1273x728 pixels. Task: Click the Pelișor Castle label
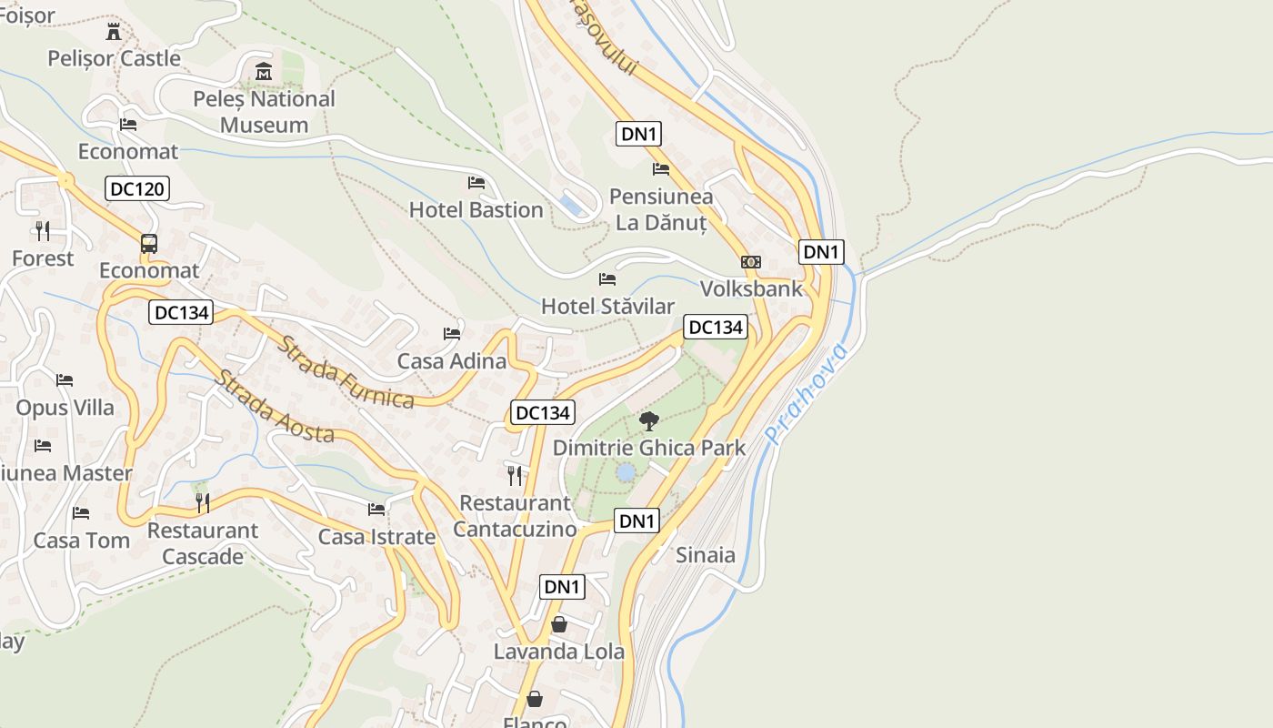(x=115, y=58)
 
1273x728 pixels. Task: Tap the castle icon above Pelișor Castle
(x=114, y=33)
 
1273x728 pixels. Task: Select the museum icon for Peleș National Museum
(x=264, y=71)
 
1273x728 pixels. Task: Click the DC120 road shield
(x=137, y=189)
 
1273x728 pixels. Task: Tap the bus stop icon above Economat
(x=149, y=244)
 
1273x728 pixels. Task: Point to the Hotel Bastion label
(x=476, y=210)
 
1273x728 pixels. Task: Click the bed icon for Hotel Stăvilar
(x=607, y=278)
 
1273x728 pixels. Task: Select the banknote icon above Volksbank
(x=751, y=262)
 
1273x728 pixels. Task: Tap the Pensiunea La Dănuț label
(x=661, y=209)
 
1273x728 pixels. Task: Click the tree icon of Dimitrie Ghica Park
(x=649, y=420)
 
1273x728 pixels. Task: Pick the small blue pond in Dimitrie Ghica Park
(x=626, y=472)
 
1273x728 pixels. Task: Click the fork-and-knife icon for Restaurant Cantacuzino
(x=515, y=475)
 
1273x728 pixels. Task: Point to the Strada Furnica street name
(x=346, y=373)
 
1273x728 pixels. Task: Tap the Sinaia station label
(x=706, y=555)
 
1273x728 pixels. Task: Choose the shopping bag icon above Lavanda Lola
(x=559, y=625)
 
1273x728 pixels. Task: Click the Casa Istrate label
(x=376, y=537)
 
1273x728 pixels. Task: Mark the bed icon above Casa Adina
(x=452, y=334)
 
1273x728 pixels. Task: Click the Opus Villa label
(x=65, y=407)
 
